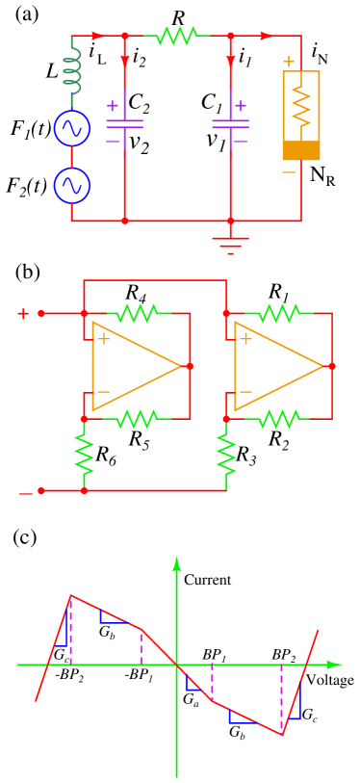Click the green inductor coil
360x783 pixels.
coord(72,71)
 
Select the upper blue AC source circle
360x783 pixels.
coord(72,128)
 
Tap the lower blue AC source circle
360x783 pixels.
coord(72,185)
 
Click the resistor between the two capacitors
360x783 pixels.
coord(177,36)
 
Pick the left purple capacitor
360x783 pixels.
coord(124,122)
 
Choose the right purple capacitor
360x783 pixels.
coord(230,122)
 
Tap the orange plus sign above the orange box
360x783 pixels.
coord(289,62)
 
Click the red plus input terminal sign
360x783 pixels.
coord(24,313)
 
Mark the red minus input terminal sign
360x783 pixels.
coord(26,493)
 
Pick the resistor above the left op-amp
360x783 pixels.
coord(138,313)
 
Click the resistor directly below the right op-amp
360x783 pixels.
coord(278,419)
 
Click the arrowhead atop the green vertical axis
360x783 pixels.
coord(176,563)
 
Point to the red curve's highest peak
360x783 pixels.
coord(70,596)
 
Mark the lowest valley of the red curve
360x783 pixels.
coord(282,735)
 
